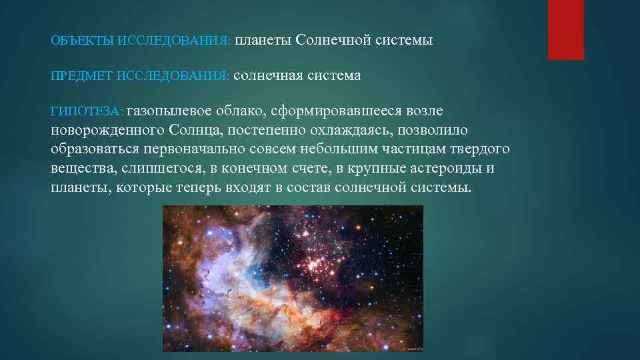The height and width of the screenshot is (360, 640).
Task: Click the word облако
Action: tap(242, 110)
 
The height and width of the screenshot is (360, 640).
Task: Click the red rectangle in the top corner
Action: tap(565, 29)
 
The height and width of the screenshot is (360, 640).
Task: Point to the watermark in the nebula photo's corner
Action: tap(411, 347)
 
